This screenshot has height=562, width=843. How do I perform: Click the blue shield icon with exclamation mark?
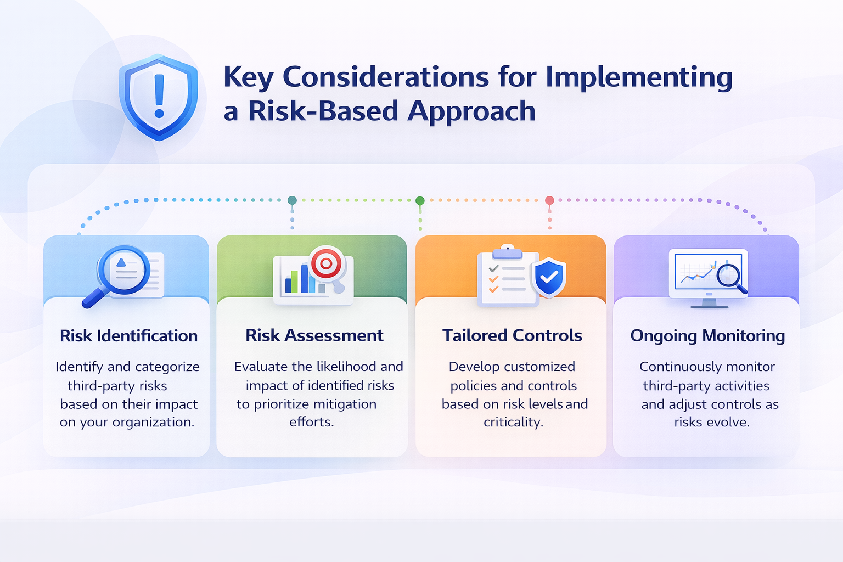(x=159, y=97)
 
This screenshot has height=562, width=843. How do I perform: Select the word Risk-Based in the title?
(x=323, y=111)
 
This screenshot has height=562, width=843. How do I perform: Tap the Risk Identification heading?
(x=128, y=335)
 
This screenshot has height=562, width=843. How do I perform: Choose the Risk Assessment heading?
(x=314, y=335)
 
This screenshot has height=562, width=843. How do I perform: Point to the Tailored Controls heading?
(x=512, y=335)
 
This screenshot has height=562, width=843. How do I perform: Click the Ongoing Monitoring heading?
(x=707, y=335)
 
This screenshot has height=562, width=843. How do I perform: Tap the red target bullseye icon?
(x=326, y=263)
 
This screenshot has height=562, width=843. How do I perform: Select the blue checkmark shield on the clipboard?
(x=549, y=278)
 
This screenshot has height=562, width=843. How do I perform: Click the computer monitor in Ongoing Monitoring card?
(x=709, y=274)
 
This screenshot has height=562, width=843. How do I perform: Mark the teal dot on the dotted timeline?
(x=292, y=200)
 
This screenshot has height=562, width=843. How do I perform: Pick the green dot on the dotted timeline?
(x=420, y=200)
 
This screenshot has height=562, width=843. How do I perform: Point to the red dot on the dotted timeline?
(x=549, y=200)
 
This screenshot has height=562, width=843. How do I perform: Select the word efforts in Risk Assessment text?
(x=311, y=421)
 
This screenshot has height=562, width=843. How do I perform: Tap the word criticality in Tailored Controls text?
(x=513, y=422)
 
